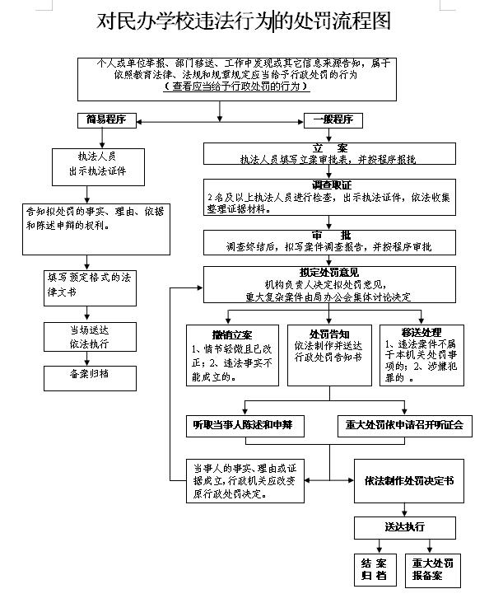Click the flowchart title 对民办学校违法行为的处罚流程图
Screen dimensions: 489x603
[244, 21]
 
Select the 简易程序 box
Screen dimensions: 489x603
[107, 120]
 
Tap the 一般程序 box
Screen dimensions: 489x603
[333, 120]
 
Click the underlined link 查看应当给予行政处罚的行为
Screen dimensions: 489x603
[236, 86]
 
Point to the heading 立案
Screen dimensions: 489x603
[329, 148]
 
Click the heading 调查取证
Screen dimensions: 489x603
[332, 185]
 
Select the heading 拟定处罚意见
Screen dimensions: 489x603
[329, 273]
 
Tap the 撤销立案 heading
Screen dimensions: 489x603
[232, 335]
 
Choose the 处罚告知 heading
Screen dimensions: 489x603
[329, 334]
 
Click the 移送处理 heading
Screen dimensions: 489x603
[421, 332]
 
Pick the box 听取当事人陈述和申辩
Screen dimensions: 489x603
[245, 426]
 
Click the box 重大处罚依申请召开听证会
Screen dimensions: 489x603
[405, 426]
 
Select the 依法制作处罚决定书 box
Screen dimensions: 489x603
[409, 481]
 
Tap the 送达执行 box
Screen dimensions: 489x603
[405, 528]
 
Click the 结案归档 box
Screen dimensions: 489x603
[375, 570]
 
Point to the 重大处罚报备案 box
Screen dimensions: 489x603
[433, 571]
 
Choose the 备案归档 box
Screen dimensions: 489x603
[90, 378]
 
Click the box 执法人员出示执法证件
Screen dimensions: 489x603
[99, 167]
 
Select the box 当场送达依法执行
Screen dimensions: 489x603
[90, 337]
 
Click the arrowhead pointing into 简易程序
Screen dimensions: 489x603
[139, 122]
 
